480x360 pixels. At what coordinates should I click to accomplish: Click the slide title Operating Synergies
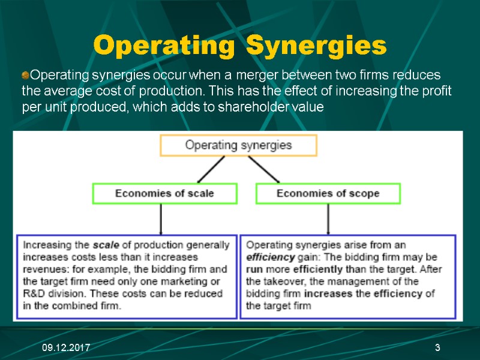[x=240, y=45]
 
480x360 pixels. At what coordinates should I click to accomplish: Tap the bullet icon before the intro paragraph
[x=25, y=76]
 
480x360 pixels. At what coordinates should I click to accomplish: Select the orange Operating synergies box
[x=238, y=145]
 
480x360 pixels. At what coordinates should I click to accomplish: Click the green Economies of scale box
[x=164, y=193]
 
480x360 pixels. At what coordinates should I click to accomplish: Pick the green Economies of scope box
[x=328, y=193]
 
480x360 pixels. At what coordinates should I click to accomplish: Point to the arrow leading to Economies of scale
[x=210, y=169]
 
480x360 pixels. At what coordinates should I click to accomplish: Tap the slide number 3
[x=437, y=349]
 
